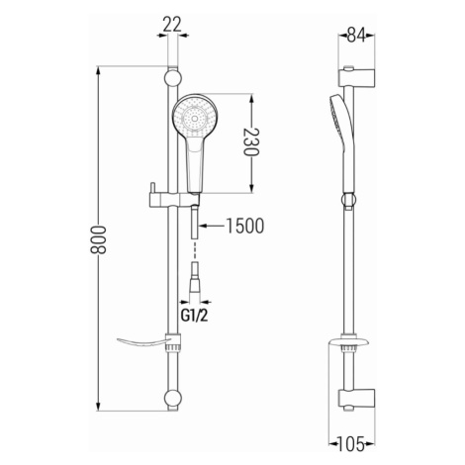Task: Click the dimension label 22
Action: (x=172, y=25)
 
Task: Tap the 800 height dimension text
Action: (x=98, y=239)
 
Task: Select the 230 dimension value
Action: (x=251, y=141)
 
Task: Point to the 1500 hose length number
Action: (x=245, y=226)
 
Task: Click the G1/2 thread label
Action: (x=195, y=316)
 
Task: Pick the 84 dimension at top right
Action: (x=356, y=36)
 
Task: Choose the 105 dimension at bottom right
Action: (x=351, y=444)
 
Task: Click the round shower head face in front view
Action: (x=195, y=119)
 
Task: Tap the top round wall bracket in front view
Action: (x=173, y=79)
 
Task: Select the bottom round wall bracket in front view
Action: (x=173, y=398)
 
